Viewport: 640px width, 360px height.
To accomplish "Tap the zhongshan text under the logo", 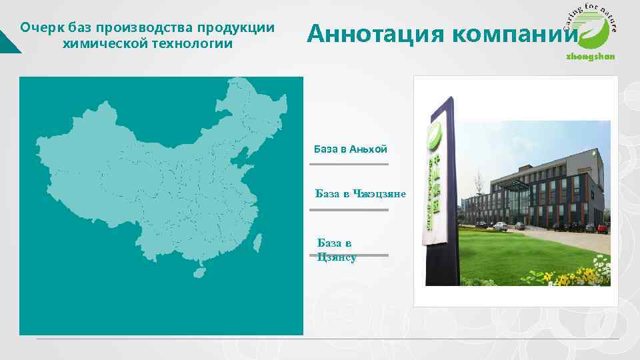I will coord(591,57).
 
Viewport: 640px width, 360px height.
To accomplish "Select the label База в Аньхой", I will coord(350,149).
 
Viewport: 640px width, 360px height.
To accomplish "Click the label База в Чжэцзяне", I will coord(361,194).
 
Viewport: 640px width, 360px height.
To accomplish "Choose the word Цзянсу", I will coord(337,257).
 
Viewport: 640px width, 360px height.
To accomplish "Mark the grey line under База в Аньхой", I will coord(349,163).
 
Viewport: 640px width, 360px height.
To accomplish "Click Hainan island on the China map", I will coord(198,273).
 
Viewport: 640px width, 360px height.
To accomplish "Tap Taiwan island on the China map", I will coord(257,242).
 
